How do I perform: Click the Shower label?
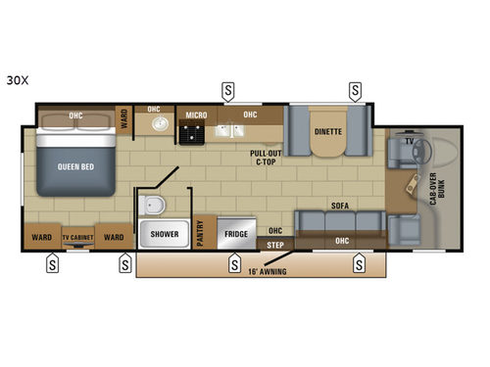pos(164,235)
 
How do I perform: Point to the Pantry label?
pos(202,234)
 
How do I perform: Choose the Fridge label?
pos(234,235)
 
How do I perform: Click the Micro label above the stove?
pos(196,115)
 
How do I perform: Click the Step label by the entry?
pos(276,244)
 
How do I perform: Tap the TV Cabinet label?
pos(78,238)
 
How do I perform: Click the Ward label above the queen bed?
pos(123,118)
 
